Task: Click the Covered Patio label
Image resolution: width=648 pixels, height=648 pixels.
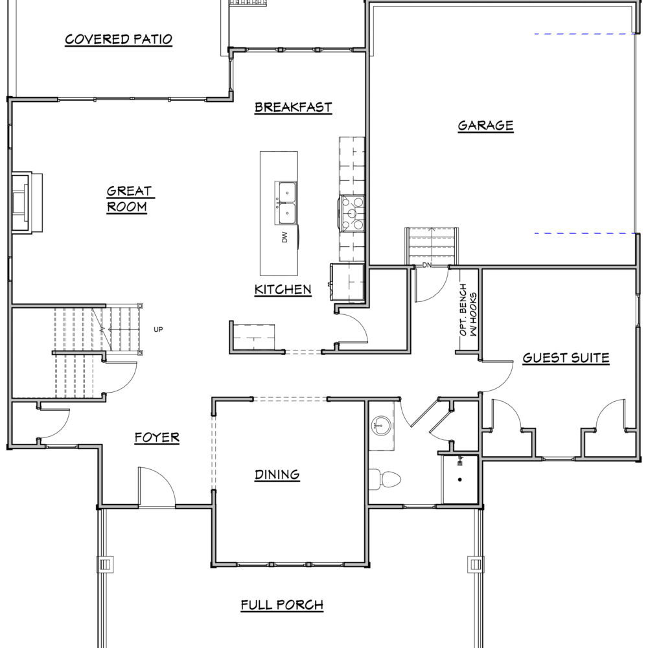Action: (119, 40)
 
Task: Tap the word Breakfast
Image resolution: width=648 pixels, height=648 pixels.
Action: (293, 108)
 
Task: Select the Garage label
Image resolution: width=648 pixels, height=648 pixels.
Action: (485, 126)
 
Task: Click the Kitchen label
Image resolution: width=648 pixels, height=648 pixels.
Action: (283, 290)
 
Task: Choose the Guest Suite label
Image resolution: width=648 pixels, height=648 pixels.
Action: (566, 358)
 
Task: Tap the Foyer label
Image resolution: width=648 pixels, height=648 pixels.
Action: (157, 437)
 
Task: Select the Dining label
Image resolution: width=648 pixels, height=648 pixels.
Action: (277, 474)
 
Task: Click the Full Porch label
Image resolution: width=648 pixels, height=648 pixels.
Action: (282, 605)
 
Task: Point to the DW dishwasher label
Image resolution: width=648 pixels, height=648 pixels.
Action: (284, 237)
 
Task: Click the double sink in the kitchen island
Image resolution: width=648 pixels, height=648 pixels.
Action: (286, 203)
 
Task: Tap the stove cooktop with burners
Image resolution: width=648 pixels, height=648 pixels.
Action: (352, 213)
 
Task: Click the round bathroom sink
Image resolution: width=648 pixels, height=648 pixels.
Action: (380, 425)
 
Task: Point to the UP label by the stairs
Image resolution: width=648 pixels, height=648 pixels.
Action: (158, 329)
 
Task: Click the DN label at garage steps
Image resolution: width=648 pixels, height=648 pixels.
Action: (427, 265)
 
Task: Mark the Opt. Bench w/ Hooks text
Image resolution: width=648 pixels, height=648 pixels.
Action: (468, 310)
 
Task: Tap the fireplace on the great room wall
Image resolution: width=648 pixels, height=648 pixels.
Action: (27, 203)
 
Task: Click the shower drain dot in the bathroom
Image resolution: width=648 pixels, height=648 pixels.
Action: (460, 480)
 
